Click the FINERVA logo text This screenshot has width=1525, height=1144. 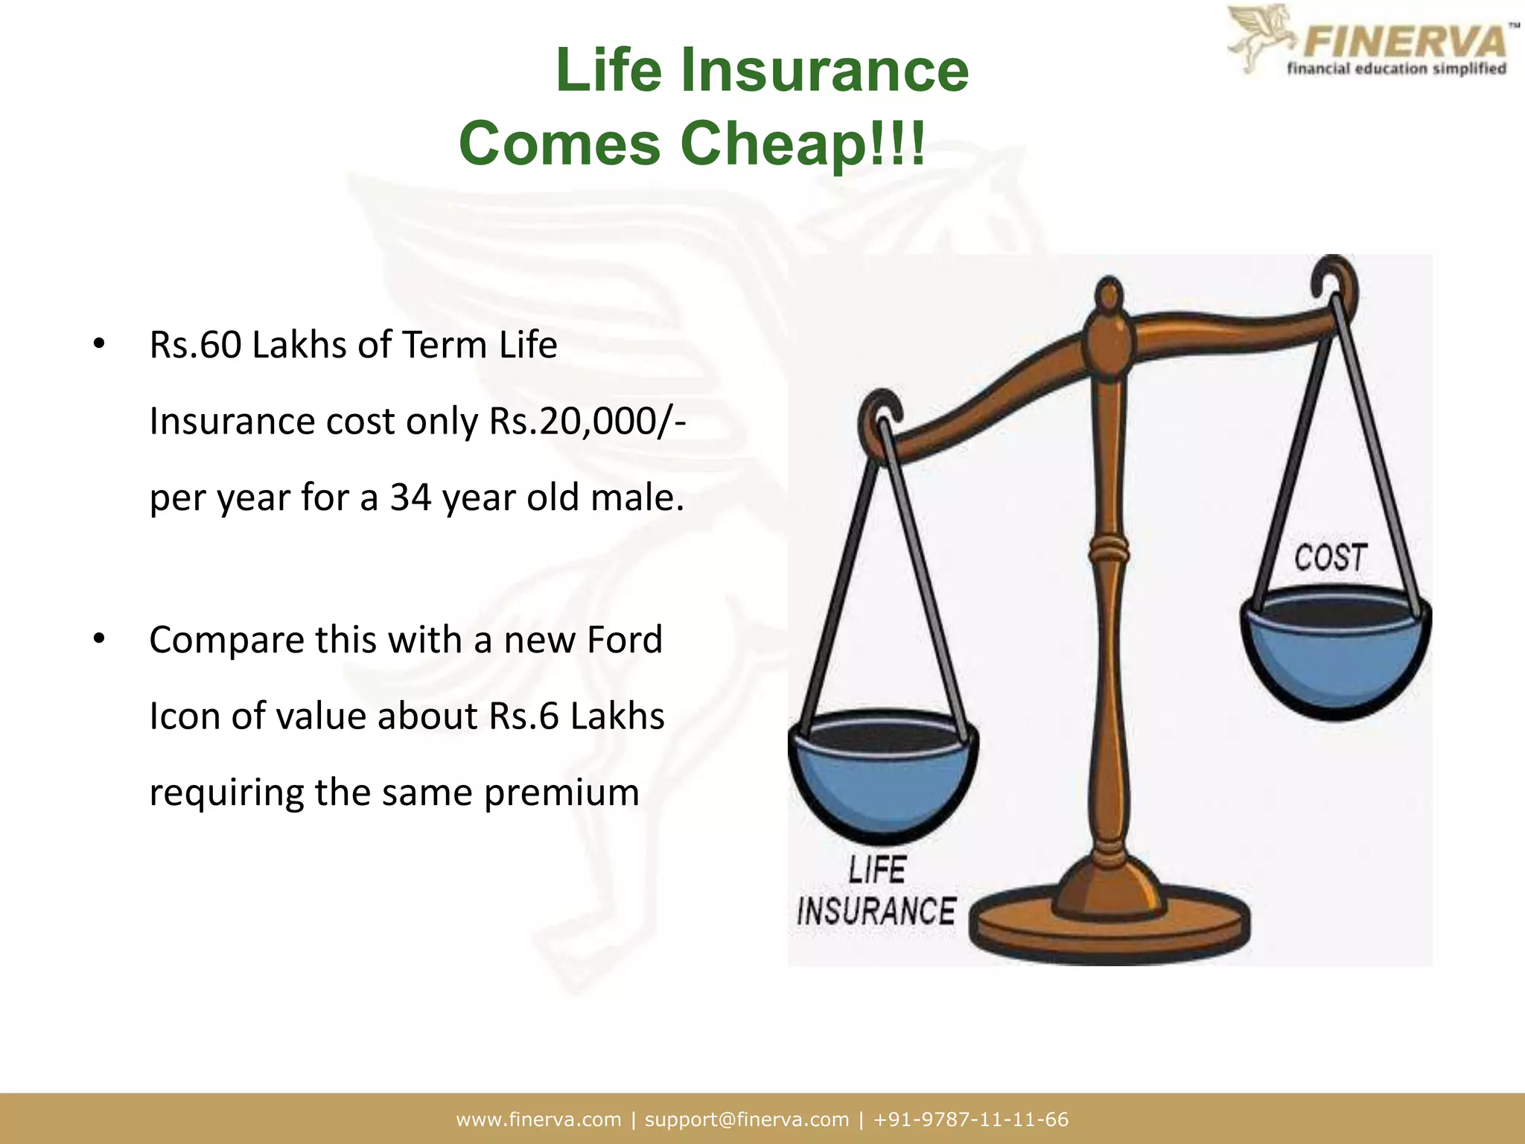click(x=1403, y=41)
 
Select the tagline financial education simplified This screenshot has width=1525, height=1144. click(x=1396, y=69)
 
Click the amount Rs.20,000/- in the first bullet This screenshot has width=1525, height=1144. click(x=588, y=422)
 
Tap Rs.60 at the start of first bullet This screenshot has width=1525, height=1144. click(x=195, y=345)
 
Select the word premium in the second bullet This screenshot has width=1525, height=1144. click(x=561, y=792)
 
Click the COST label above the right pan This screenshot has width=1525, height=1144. click(x=1331, y=558)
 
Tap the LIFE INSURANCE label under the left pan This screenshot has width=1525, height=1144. click(x=876, y=892)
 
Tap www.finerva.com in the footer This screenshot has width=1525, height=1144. click(x=538, y=1119)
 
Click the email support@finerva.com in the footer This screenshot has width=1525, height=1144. click(x=746, y=1119)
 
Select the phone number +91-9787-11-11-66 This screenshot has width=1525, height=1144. click(x=971, y=1119)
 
